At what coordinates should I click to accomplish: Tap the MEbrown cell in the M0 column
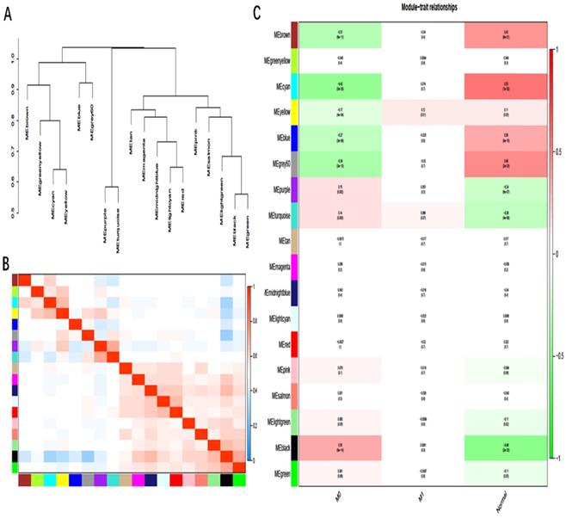click(x=340, y=35)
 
